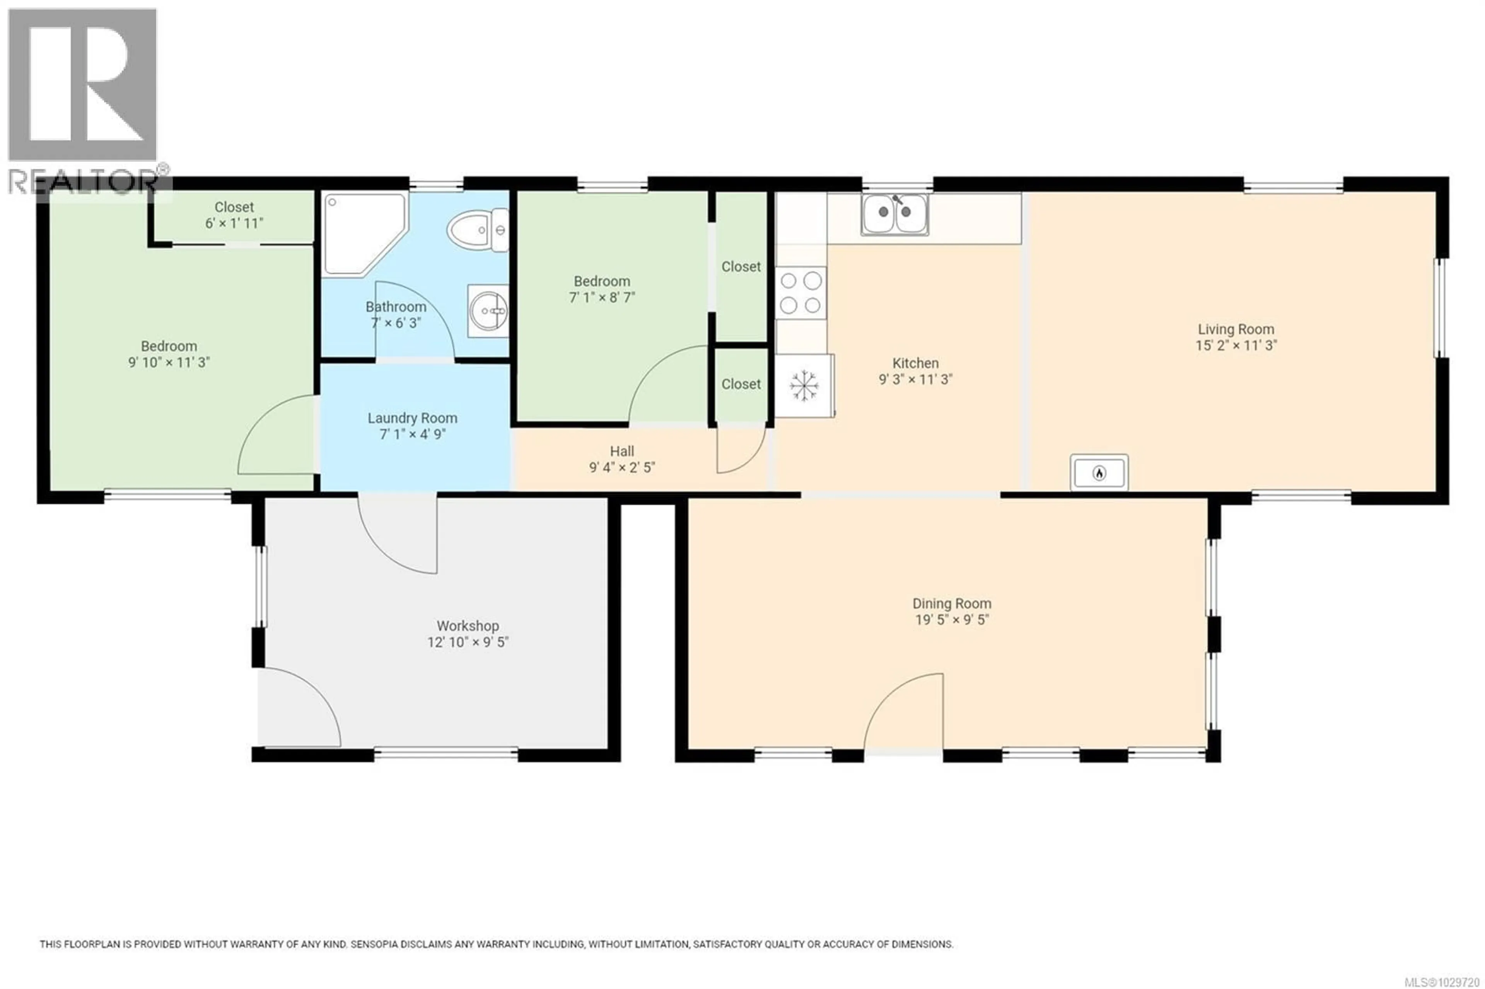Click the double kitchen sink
coord(894,215)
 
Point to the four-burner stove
coord(801,293)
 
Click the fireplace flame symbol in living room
coord(1099,472)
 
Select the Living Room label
coord(1235,329)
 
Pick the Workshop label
coord(468,626)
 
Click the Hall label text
coord(621,451)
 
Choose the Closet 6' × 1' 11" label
coord(234,215)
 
